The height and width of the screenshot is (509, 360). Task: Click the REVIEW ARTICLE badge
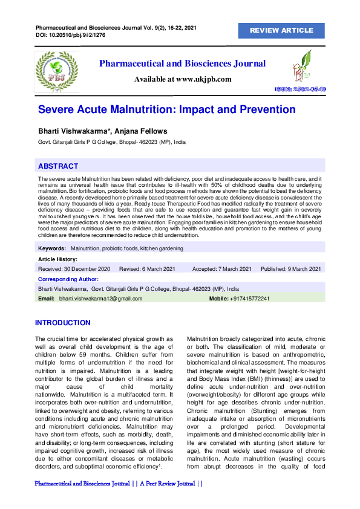[281, 30]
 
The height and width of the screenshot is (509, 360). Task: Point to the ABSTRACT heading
[58, 166]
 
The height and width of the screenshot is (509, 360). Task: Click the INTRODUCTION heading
[62, 323]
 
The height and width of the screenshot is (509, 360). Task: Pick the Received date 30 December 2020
[74, 268]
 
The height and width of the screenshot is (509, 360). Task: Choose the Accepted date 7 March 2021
[221, 268]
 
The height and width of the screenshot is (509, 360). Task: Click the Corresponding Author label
[68, 279]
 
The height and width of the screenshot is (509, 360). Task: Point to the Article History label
[57, 259]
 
